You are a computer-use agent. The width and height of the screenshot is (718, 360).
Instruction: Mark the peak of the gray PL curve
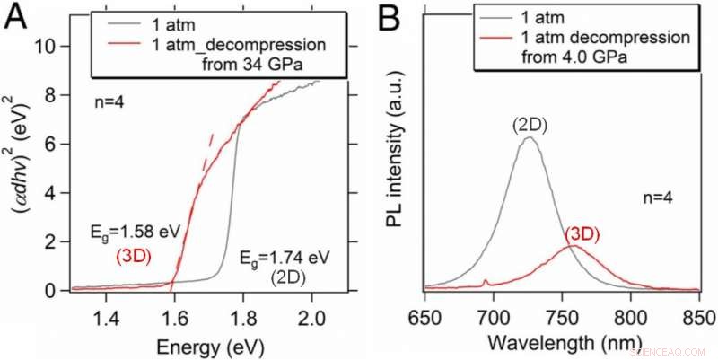pyautogui.click(x=530, y=137)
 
